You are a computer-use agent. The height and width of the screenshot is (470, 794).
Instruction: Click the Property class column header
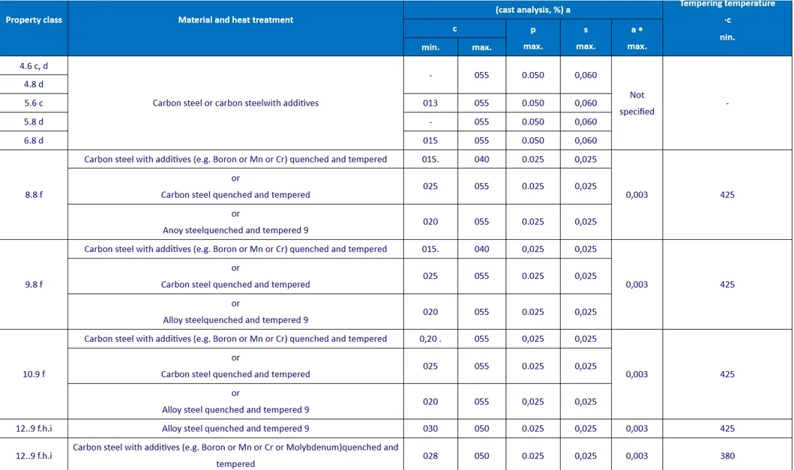pos(34,19)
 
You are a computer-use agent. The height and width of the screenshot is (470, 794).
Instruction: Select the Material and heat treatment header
pos(235,19)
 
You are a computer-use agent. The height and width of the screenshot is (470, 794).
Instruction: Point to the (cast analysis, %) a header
pos(532,10)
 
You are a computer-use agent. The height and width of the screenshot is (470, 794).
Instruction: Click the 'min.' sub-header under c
pos(430,46)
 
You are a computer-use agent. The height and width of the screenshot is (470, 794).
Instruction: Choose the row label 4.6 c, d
pos(34,65)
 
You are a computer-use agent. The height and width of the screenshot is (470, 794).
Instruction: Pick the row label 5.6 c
pos(34,103)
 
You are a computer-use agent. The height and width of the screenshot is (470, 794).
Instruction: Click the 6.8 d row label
pos(34,140)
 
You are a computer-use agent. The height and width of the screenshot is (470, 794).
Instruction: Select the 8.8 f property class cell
pos(34,195)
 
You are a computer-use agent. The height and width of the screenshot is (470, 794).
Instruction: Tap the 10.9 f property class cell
pos(34,374)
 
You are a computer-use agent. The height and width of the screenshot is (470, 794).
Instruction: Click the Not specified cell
pos(637,103)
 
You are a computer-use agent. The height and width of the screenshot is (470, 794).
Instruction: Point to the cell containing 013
pos(430,103)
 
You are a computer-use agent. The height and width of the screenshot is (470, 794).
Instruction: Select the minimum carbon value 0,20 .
pos(430,339)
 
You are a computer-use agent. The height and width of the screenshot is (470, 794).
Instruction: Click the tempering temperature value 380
pos(727,456)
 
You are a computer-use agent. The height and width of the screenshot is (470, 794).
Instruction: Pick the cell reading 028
pos(430,456)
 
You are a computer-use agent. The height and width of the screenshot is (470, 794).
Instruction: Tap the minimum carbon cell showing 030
pos(430,429)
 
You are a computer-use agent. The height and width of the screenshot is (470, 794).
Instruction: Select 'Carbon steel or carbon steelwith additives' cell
pos(235,103)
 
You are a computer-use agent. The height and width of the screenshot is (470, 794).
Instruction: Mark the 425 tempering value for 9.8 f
pos(727,285)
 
